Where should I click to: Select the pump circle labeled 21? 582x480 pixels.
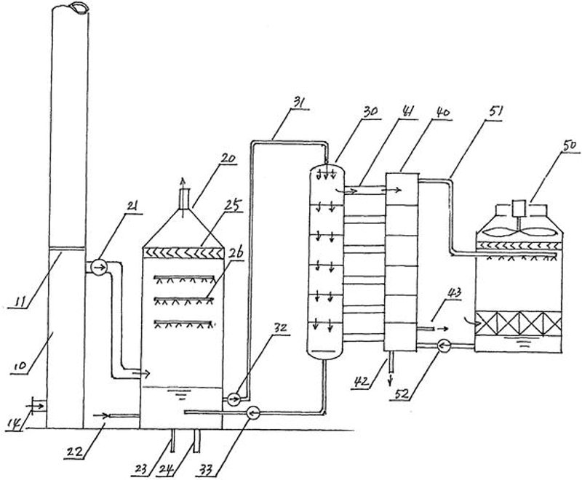coord(99,267)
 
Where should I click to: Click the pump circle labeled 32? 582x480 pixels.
coord(234,399)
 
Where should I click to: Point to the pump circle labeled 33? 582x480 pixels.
coord(253,412)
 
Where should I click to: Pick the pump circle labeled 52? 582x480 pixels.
coord(444,346)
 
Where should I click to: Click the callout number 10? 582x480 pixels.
coord(20,367)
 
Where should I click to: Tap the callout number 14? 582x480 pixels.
coord(14,423)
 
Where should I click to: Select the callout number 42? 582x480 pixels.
coord(359,381)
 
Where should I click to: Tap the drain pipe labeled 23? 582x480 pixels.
coord(172,441)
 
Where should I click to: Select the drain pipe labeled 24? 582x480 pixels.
coord(196,441)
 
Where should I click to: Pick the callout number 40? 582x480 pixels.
coord(442,113)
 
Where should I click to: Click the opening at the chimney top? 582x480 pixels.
coord(79,7)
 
